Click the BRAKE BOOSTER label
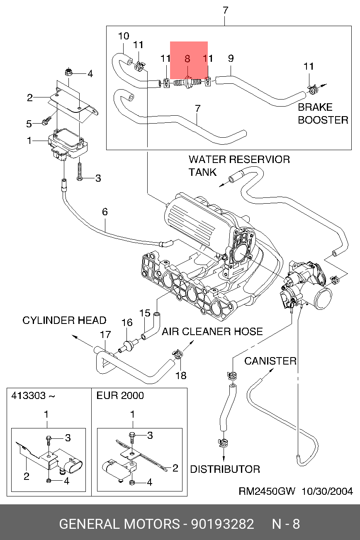[x=323, y=114]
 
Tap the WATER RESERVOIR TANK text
[x=239, y=165]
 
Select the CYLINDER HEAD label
[x=64, y=321]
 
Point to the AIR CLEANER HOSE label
[x=212, y=332]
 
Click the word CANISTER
[x=270, y=361]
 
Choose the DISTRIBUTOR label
[x=225, y=469]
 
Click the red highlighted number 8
[x=187, y=59]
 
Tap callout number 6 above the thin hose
[x=105, y=212]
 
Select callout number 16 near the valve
[x=126, y=323]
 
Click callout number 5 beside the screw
[x=29, y=124]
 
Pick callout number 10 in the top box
[x=124, y=36]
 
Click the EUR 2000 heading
[x=120, y=396]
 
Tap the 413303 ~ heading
[x=33, y=396]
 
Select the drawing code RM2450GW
[x=267, y=491]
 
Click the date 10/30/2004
[x=327, y=491]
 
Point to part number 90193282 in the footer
[x=222, y=524]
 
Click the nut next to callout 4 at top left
[x=69, y=73]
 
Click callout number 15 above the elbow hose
[x=144, y=313]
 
